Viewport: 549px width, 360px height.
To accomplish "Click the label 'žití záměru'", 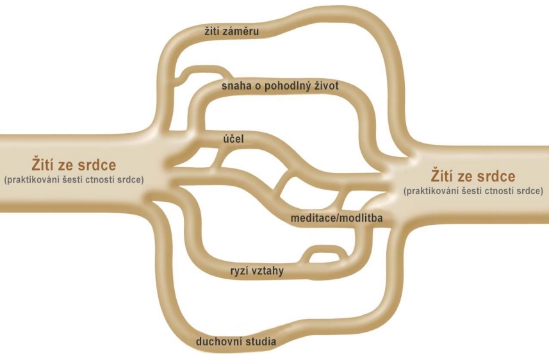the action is [x=231, y=31].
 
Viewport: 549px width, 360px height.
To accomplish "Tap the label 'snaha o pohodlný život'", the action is [x=280, y=86].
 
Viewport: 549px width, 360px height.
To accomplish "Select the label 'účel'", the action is [x=233, y=138].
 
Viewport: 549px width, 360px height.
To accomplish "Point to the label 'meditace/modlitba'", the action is [x=336, y=218].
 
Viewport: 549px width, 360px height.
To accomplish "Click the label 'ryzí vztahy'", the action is [x=257, y=271].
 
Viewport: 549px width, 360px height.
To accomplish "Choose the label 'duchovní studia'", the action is [x=236, y=341].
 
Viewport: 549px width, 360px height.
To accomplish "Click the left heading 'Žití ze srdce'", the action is [x=74, y=165].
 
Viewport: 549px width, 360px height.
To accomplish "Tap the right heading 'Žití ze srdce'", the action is [x=473, y=176].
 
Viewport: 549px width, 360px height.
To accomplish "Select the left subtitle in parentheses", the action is [x=74, y=180].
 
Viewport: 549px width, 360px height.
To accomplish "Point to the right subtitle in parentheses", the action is [x=473, y=191].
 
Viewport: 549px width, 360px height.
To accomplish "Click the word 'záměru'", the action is [x=243, y=31].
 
